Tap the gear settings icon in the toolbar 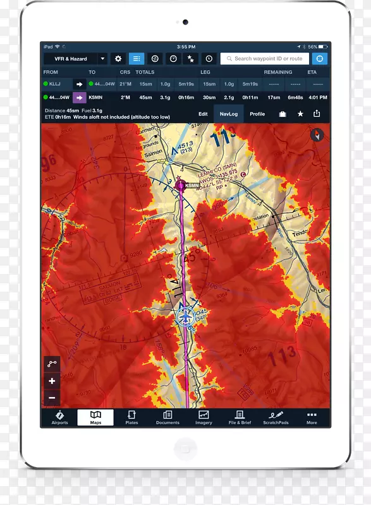click(118, 59)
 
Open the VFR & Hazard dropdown click(75, 59)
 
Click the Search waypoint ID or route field click(265, 59)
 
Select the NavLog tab click(228, 114)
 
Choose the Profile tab click(257, 114)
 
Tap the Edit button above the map click(203, 114)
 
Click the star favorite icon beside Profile click(300, 114)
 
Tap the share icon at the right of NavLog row click(317, 114)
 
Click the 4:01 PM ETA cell click(317, 97)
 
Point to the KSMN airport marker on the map click(181, 185)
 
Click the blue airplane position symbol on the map click(185, 318)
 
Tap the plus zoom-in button click(52, 381)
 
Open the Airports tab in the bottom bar click(59, 417)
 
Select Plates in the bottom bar click(131, 417)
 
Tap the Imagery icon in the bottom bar click(204, 417)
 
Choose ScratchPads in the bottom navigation click(276, 417)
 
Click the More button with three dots click(312, 417)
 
